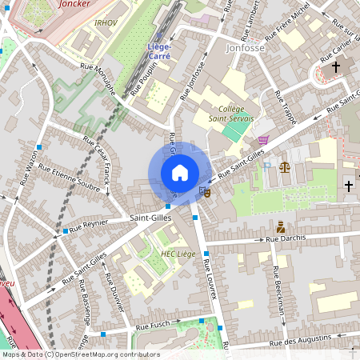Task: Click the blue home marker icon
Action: (179, 173)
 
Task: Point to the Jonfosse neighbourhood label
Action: (246, 48)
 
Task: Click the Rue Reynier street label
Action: (89, 226)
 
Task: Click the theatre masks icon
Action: (206, 192)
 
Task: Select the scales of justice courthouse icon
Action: (284, 166)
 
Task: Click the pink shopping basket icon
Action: (263, 139)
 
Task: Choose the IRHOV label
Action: (105, 23)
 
